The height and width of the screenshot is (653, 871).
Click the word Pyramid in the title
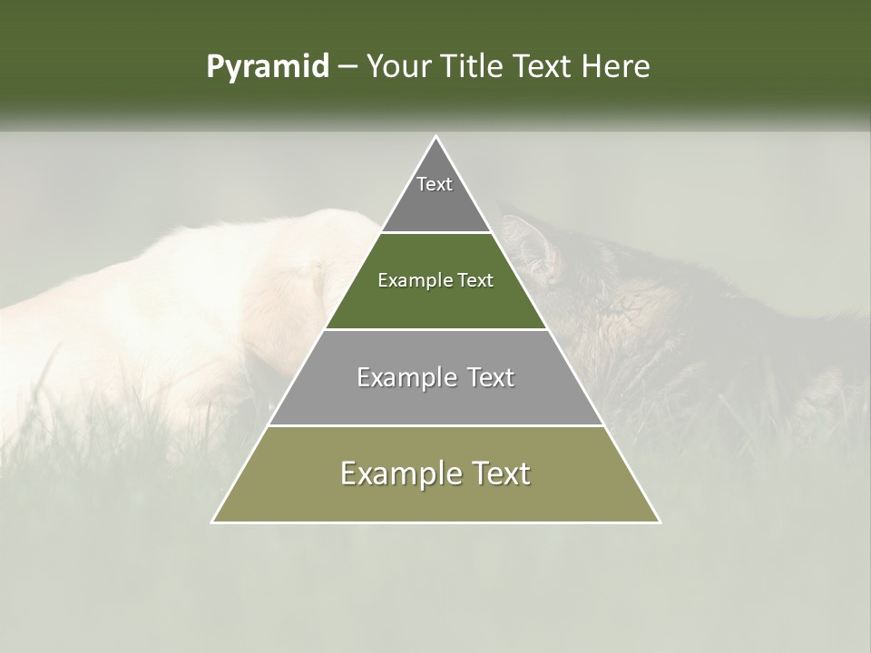(x=267, y=67)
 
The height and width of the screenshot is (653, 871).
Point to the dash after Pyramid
(x=347, y=68)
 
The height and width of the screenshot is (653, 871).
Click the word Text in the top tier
(x=435, y=184)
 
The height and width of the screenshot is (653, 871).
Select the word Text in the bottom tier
(x=499, y=473)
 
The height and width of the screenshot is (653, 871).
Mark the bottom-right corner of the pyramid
(x=658, y=521)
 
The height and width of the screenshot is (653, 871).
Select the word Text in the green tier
(x=475, y=281)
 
